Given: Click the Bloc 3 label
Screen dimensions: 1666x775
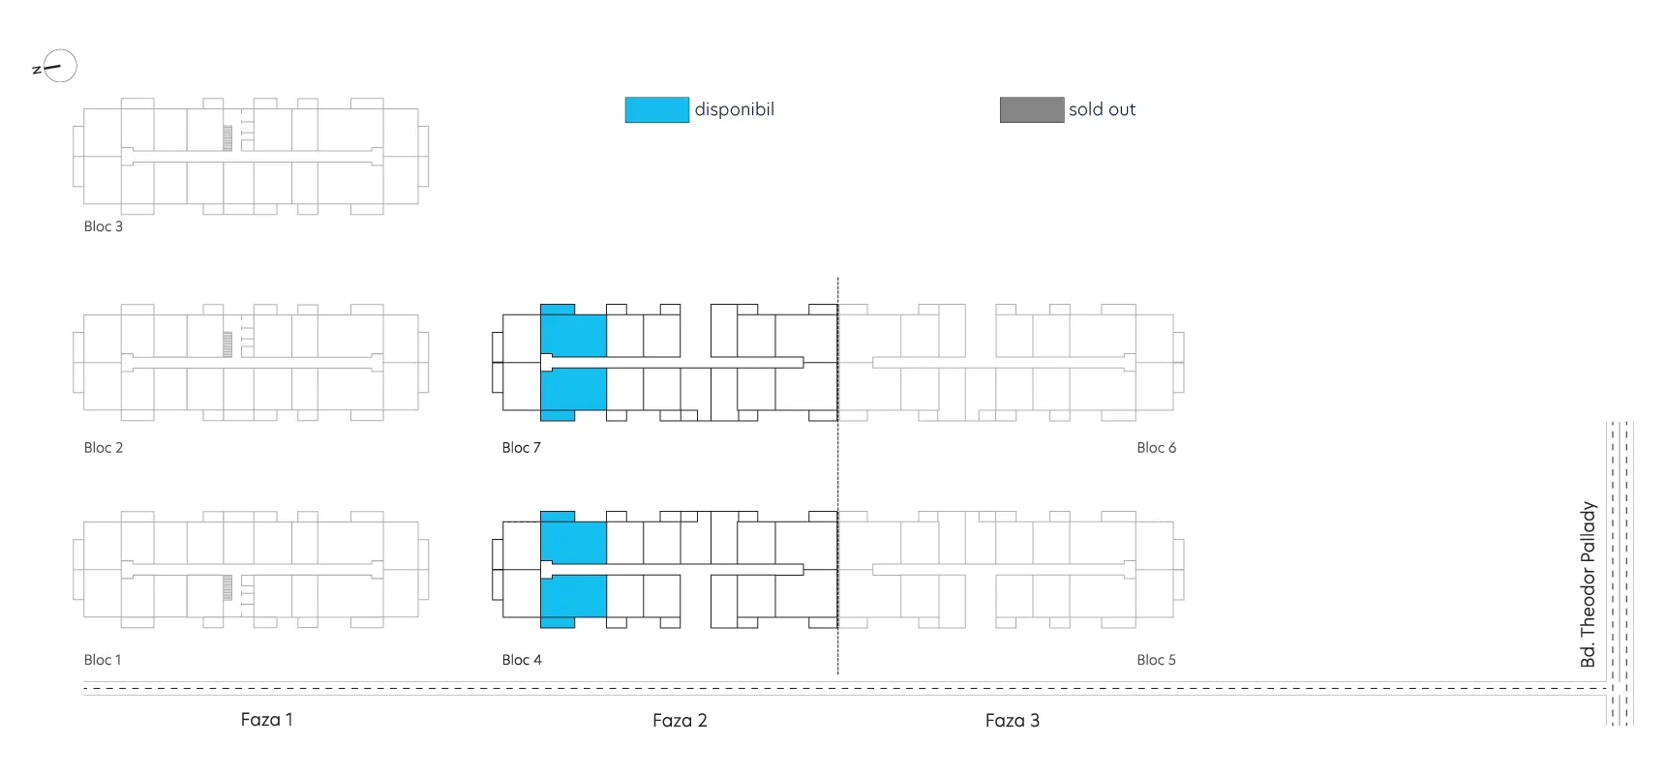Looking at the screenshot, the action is tap(104, 226).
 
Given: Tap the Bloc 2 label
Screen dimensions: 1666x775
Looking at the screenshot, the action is tap(104, 448).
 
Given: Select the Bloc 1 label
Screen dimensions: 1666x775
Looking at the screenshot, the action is tap(103, 660).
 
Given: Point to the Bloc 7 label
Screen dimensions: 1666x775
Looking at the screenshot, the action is tap(522, 448).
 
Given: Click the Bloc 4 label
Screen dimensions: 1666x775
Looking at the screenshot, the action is tap(522, 660).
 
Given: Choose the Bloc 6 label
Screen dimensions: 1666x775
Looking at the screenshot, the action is tap(1157, 448).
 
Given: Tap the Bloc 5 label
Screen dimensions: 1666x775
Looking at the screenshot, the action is tap(1157, 660).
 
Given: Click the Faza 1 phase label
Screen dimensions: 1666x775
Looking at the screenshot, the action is tap(267, 720).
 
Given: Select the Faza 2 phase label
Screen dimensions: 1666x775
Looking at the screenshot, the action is tap(680, 721).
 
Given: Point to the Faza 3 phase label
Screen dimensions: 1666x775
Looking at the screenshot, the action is tap(1013, 721).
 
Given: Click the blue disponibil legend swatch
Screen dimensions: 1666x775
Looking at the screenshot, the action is tap(656, 109).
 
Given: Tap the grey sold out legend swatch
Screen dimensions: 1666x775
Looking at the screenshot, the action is tap(1032, 109).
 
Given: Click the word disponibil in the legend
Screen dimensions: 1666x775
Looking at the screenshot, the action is tap(735, 109).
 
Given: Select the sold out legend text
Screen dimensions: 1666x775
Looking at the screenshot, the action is tap(1103, 109).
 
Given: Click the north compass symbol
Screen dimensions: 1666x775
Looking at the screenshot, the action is tap(56, 67).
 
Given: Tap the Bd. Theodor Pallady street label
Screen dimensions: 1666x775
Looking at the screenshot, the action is tap(1588, 584).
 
